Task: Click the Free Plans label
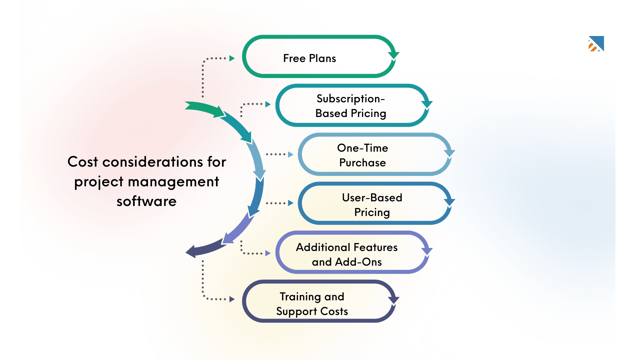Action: (309, 58)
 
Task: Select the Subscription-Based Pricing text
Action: (351, 106)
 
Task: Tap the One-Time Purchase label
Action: (362, 155)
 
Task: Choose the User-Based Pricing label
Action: (372, 205)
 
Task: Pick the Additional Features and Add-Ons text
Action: (347, 254)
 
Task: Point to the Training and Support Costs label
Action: (312, 304)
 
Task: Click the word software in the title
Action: (146, 201)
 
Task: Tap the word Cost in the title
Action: (83, 162)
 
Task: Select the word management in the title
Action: (173, 182)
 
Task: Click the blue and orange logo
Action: (596, 44)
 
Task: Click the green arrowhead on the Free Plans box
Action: (394, 55)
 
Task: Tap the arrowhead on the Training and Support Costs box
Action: (394, 299)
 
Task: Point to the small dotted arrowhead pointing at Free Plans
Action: (232, 58)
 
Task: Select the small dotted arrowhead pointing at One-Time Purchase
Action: (291, 154)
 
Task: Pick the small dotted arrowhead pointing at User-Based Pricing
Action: (291, 203)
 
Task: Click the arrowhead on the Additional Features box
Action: (427, 251)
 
